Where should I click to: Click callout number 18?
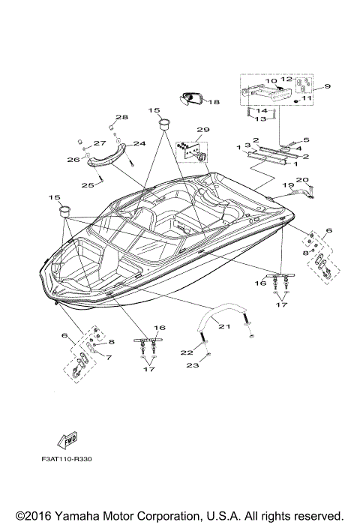click(214, 102)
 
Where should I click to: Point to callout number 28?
click(121, 117)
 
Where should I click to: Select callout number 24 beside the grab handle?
click(139, 144)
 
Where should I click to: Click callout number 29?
click(203, 130)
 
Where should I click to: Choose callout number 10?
click(271, 80)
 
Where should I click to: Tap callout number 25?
click(87, 184)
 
